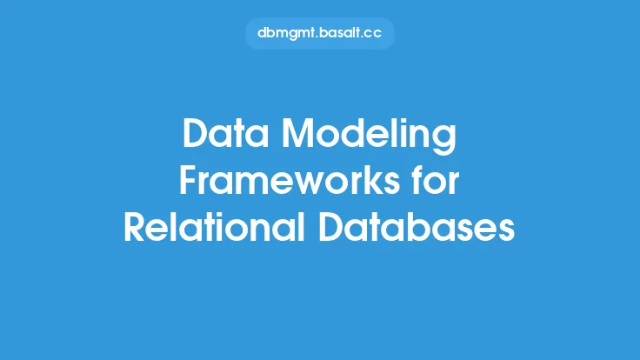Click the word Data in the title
225,133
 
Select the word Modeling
369,137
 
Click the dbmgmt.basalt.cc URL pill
320,33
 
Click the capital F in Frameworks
189,180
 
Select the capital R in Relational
135,227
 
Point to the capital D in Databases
332,227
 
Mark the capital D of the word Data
196,133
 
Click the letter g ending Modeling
445,141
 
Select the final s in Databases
506,231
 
